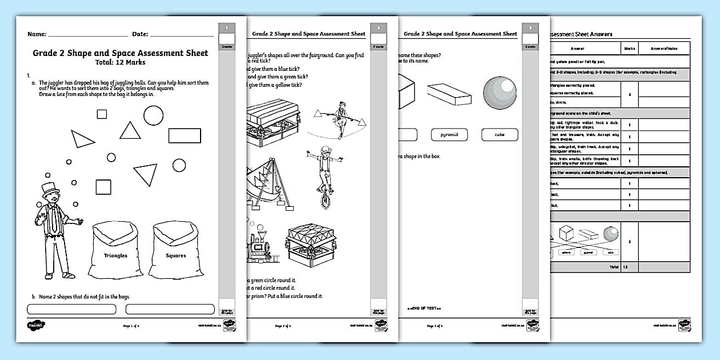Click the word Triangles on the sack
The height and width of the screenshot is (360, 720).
click(115, 255)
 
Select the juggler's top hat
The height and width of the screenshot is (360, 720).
click(50, 189)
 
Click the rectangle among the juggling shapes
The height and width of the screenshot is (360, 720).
click(185, 135)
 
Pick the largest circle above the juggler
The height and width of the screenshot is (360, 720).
click(153, 115)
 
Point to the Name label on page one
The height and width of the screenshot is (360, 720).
click(37, 34)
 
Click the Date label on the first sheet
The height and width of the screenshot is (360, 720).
click(140, 34)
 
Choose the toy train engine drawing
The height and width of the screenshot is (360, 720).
click(260, 246)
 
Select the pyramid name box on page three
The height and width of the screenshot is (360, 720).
click(449, 135)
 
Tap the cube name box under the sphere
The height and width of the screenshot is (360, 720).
click(499, 135)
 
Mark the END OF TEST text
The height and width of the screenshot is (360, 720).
click(423, 308)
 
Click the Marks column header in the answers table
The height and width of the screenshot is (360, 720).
click(629, 50)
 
